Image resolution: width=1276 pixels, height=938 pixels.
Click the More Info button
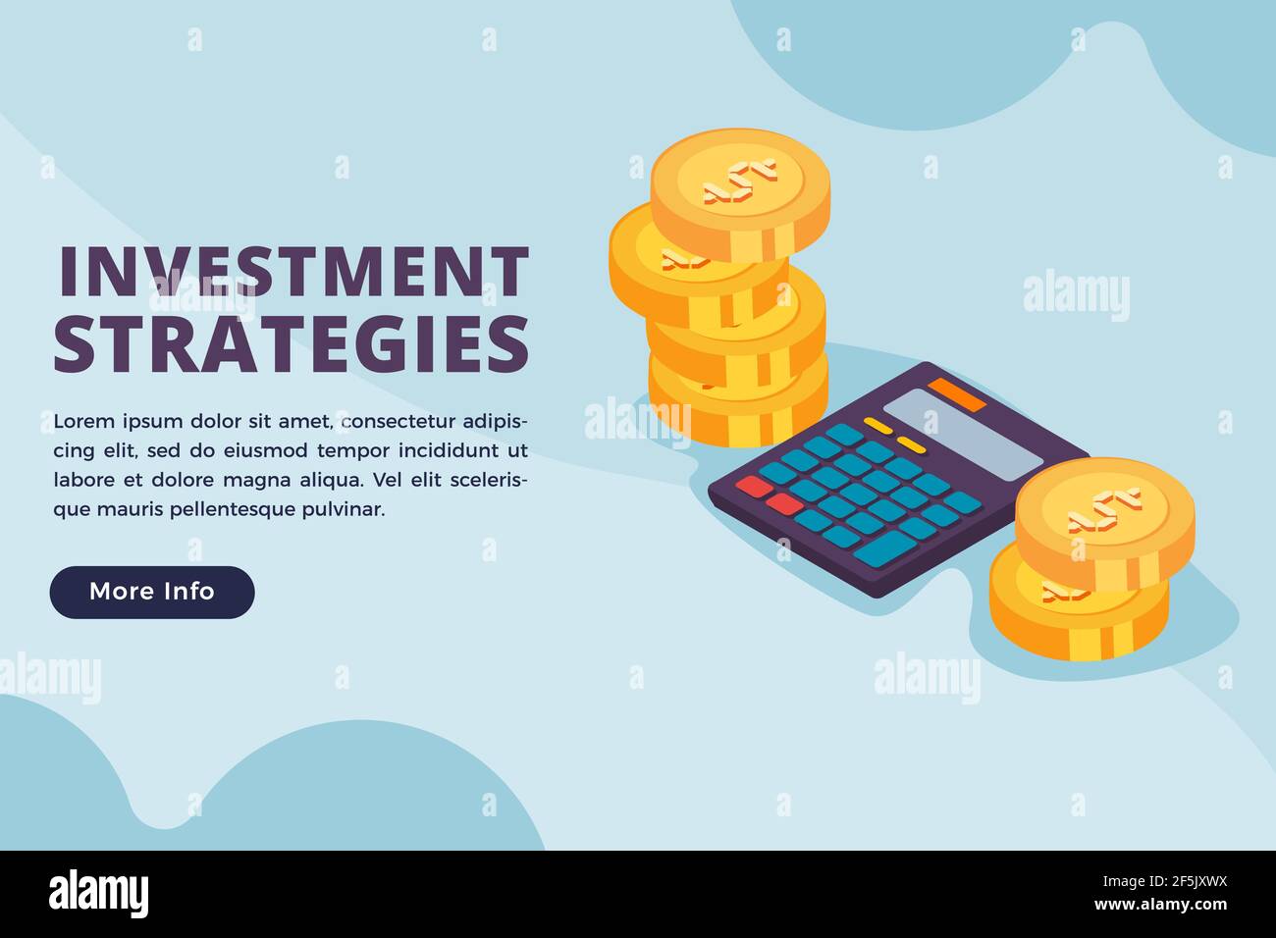click(x=152, y=592)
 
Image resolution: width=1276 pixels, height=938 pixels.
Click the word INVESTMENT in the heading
click(x=293, y=272)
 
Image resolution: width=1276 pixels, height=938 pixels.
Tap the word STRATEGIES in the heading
click(x=292, y=343)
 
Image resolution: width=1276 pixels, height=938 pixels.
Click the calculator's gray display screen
click(x=963, y=434)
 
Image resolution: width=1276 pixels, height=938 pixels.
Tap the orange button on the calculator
click(x=957, y=393)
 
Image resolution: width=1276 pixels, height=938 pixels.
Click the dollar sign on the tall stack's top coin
click(x=739, y=182)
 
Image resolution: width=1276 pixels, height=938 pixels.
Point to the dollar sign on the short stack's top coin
click(x=1104, y=510)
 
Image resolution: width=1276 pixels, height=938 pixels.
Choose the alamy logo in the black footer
click(x=99, y=894)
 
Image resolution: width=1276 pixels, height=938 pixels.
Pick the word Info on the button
click(x=188, y=592)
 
